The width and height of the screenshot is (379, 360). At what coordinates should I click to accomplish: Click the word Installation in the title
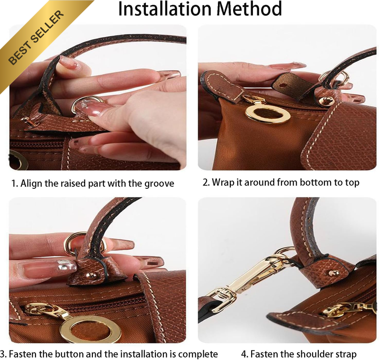164,9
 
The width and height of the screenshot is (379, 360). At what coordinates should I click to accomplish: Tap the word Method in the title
249,9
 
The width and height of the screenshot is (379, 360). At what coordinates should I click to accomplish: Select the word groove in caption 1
159,184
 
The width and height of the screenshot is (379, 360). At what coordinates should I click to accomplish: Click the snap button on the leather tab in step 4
334,273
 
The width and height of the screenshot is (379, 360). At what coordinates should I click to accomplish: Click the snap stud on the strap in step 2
325,101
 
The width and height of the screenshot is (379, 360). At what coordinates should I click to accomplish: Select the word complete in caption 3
198,354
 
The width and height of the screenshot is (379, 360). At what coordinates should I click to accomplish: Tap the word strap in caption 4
346,354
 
